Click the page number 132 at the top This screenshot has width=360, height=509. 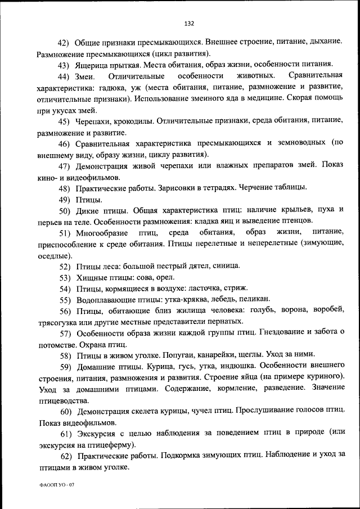click(189, 23)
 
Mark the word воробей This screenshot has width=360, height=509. click(328, 310)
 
